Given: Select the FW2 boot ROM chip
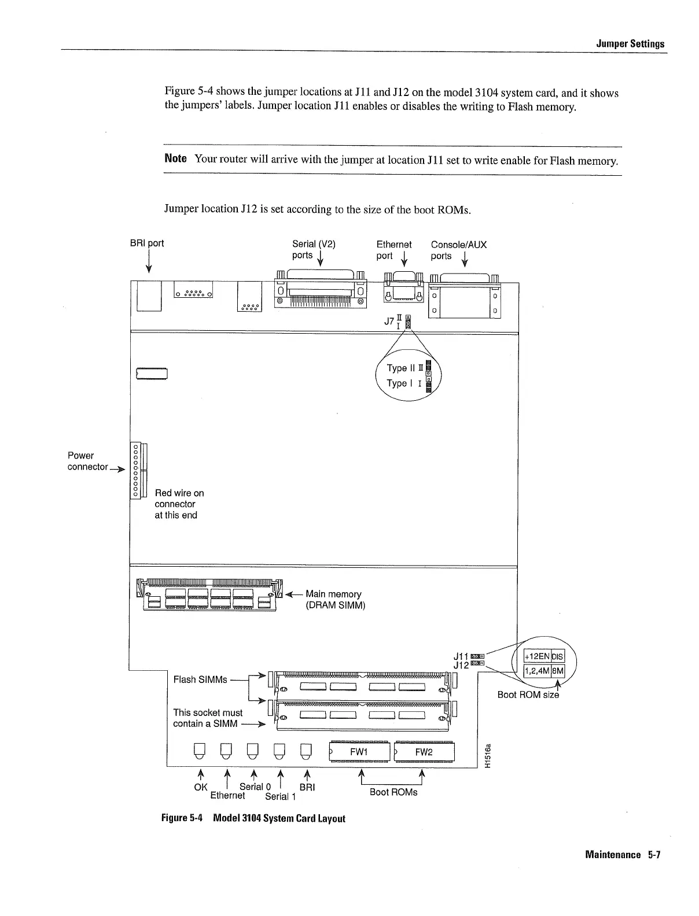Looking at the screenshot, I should point(424,752).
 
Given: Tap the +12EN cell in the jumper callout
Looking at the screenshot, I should point(536,656).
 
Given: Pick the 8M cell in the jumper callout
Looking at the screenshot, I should point(557,671).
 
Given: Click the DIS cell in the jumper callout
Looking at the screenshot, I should point(557,656).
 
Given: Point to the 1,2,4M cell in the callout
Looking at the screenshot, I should point(536,671).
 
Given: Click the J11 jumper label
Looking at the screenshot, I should point(461,656).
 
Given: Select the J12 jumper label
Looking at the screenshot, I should point(461,666).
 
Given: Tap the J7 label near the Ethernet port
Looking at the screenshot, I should point(389,322).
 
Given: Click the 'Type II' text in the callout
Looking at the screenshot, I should point(400,368).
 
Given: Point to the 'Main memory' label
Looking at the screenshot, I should point(333,594).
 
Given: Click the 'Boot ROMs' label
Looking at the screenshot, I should point(393,792).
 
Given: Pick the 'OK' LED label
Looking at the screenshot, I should point(201,787).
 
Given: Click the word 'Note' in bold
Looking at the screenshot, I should point(175,158).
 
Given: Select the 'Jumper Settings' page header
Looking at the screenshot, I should point(630,44).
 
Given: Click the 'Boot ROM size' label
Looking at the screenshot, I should point(528,695).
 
